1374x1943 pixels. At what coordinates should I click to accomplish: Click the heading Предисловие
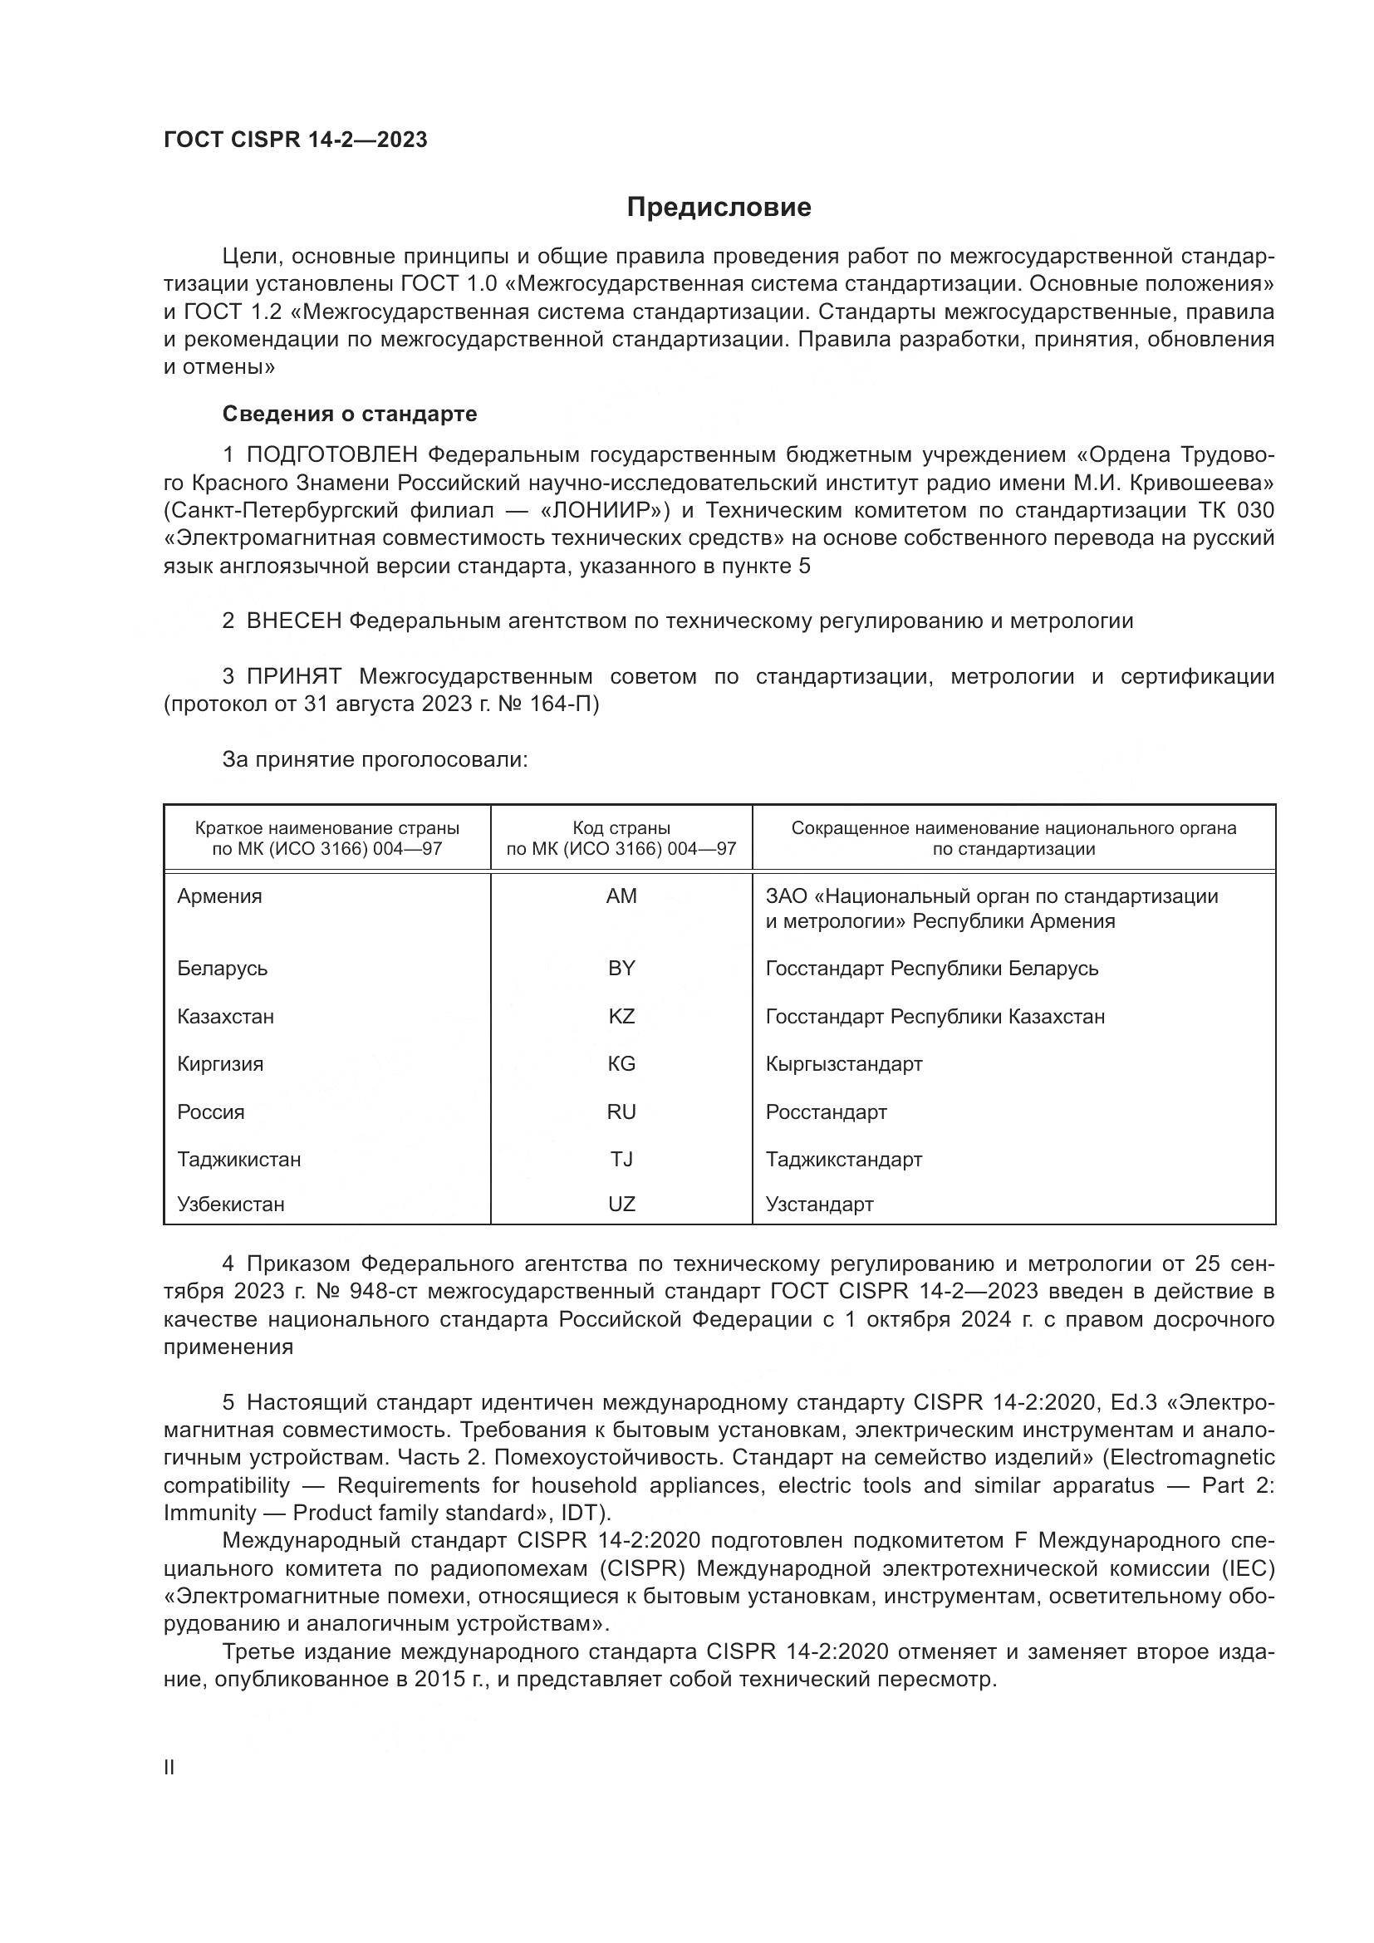pos(719,208)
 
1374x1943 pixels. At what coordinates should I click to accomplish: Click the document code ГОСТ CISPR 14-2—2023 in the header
pos(295,140)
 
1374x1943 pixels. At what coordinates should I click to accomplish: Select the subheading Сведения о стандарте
pos(350,414)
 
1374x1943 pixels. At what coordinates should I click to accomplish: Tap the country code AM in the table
pos(621,896)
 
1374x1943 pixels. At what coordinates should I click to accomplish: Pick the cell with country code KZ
pos(621,1016)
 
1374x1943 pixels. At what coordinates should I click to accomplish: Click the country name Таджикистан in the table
pos(238,1160)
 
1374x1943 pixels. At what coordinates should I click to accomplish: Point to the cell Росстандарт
pos(826,1112)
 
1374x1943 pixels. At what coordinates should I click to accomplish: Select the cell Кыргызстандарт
pos(843,1064)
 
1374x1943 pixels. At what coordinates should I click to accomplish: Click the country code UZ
pos(621,1205)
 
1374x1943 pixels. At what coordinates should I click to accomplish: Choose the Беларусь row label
pos(223,968)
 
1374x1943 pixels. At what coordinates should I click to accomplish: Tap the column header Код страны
pos(621,828)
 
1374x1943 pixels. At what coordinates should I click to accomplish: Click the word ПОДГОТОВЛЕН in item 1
pos(331,455)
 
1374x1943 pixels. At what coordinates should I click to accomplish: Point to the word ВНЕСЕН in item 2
pos(293,621)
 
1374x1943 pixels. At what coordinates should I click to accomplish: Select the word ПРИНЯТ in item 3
pos(293,677)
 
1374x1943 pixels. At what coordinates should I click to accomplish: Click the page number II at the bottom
pos(169,1768)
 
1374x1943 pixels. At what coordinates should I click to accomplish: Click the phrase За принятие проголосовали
pos(375,760)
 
